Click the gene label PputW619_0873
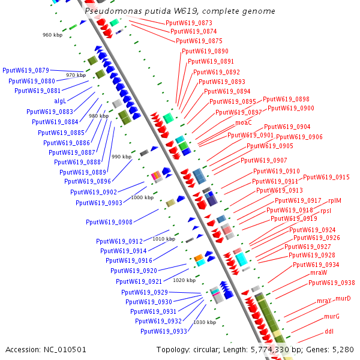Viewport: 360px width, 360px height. pos(189,23)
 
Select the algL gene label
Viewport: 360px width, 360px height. pos(60,101)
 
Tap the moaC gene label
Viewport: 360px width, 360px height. pos(244,123)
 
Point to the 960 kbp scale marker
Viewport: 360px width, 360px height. pos(52,35)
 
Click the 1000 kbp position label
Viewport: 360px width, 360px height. pos(142,197)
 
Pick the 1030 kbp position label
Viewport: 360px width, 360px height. pos(205,322)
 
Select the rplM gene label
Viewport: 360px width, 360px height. pos(335,200)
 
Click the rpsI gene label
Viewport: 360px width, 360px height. pos(326,211)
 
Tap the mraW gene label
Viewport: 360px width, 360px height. pos(319,272)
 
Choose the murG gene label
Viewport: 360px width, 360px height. pos(332,316)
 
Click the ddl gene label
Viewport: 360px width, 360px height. pos(329,332)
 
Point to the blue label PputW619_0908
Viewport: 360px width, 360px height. pos(109,222)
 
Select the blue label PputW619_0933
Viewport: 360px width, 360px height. pos(164,331)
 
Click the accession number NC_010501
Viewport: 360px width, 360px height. pos(65,350)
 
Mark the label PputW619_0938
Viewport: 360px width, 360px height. pos(332,283)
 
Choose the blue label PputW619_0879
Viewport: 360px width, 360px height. pos(26,70)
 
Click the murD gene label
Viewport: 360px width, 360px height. pos(343,298)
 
